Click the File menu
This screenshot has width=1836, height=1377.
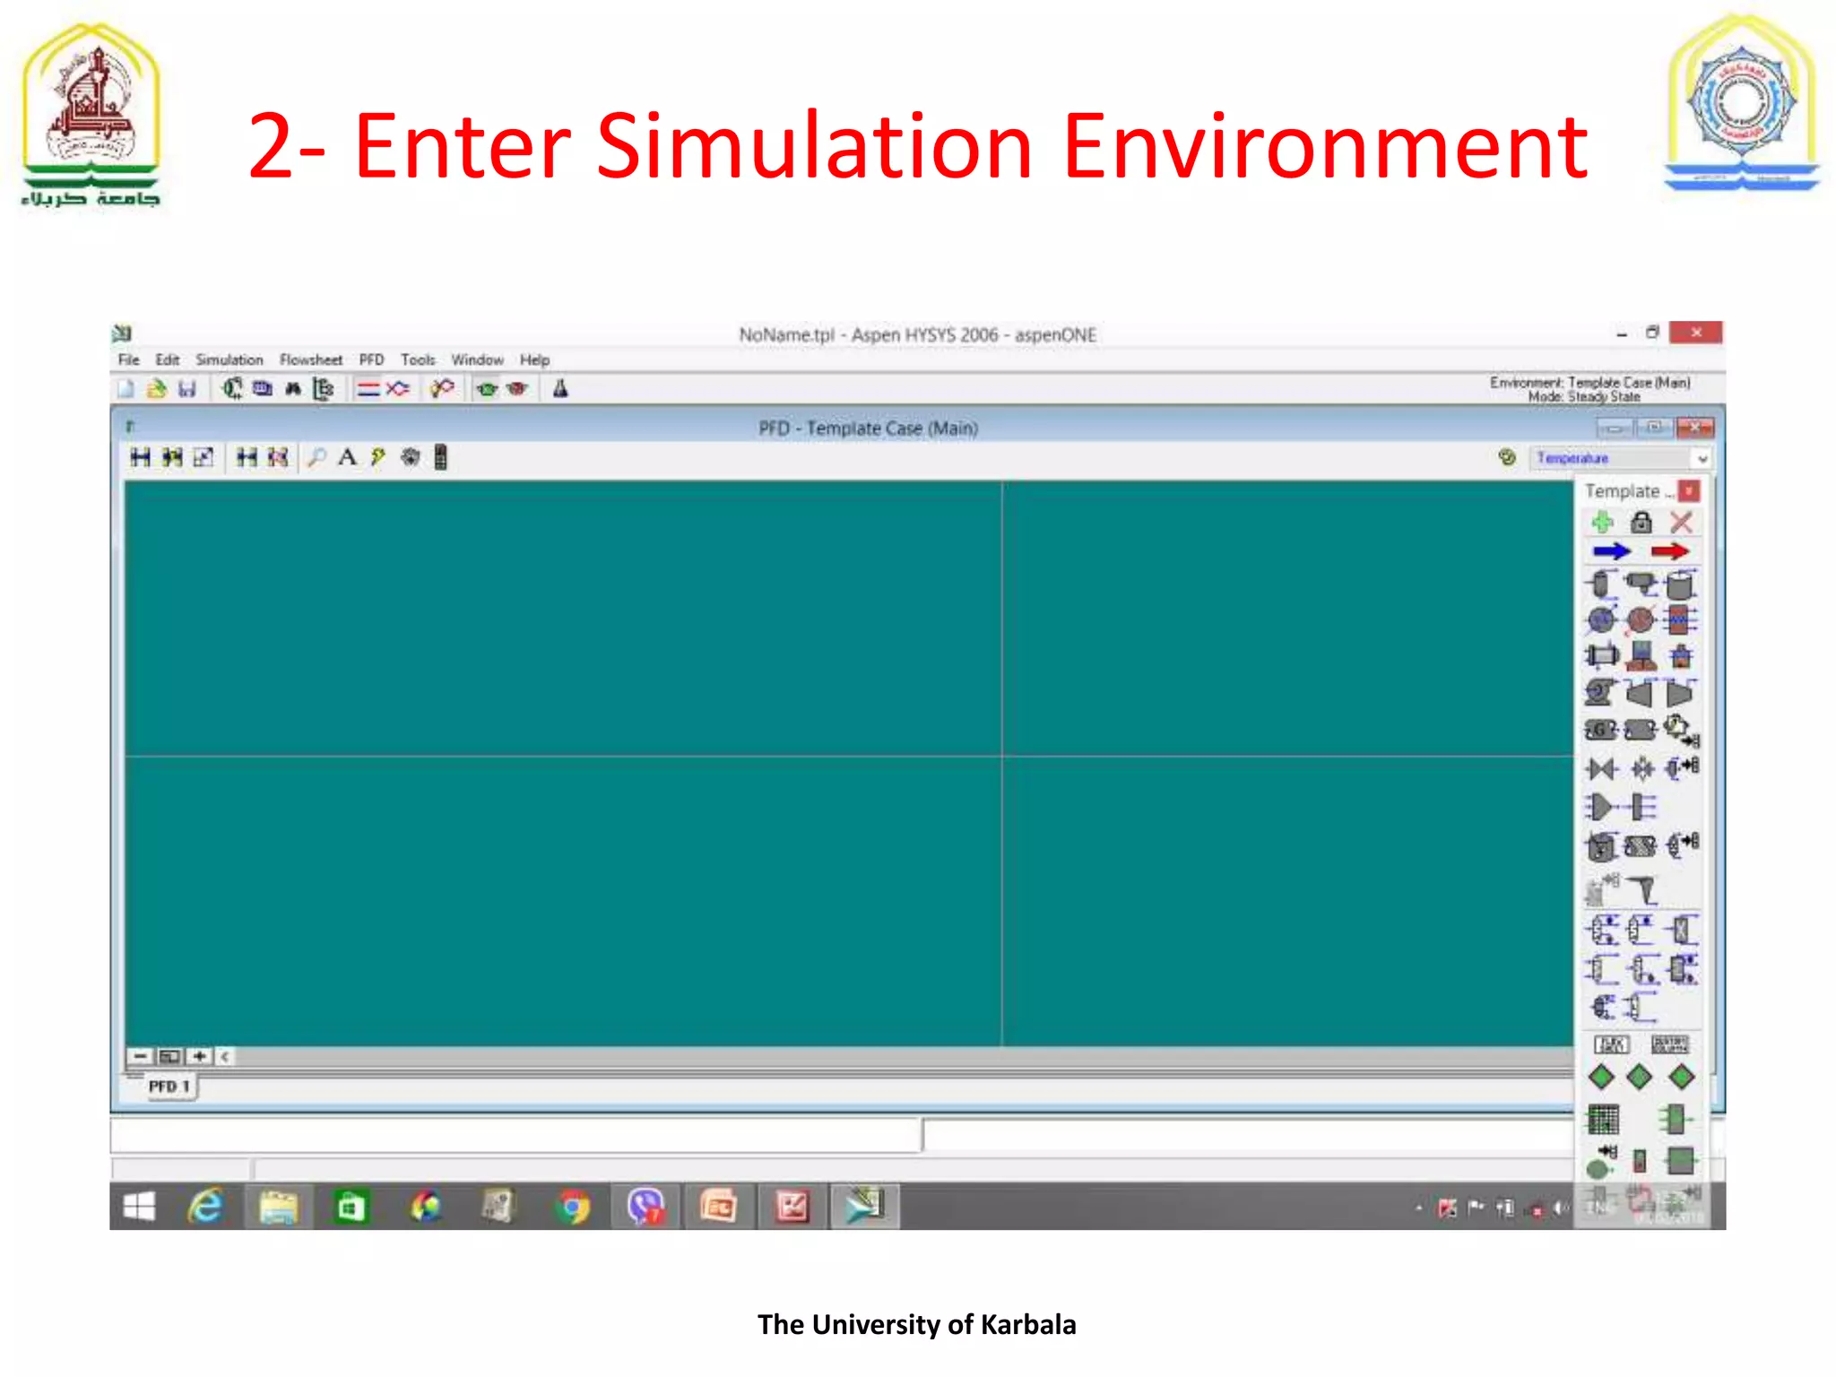128,359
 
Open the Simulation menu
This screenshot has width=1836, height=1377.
229,359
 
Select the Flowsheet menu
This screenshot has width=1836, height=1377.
310,359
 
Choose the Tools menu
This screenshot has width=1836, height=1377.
418,359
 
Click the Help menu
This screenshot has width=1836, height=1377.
534,359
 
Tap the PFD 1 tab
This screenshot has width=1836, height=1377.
169,1087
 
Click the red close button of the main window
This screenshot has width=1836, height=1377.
1695,333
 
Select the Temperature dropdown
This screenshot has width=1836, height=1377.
1621,458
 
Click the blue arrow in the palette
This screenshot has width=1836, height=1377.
1611,551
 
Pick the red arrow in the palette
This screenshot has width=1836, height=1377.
1669,551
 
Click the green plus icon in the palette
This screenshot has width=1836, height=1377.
1602,522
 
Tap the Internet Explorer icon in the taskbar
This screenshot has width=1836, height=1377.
205,1207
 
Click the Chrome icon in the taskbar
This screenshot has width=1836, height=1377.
573,1207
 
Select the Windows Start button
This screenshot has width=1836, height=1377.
139,1207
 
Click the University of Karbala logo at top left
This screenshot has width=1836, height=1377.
91,112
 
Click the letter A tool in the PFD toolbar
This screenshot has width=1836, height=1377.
347,457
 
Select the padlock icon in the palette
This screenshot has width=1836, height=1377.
1641,522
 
